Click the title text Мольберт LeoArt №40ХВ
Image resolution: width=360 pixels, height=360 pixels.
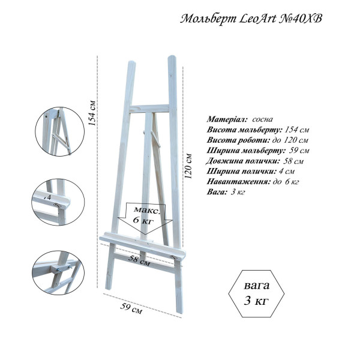[x=251, y=19]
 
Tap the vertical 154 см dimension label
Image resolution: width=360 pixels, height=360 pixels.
[x=92, y=113]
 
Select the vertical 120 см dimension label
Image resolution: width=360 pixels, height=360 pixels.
[x=188, y=166]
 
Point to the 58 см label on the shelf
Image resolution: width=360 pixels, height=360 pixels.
[x=139, y=260]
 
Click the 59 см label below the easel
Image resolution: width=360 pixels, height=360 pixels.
[x=131, y=308]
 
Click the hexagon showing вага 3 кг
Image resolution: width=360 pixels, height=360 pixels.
[x=256, y=293]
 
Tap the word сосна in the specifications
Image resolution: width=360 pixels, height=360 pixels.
[x=262, y=119]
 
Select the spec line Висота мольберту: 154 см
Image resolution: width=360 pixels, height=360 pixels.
[x=258, y=130]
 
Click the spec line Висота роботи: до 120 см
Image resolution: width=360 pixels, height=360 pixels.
[x=257, y=140]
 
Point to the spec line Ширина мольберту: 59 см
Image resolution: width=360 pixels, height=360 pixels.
[x=258, y=151]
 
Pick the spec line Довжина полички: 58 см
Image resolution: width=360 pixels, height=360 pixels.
[x=254, y=161]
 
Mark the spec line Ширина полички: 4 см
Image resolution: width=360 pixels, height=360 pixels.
[x=250, y=171]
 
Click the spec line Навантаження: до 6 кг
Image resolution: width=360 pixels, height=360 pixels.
[x=253, y=182]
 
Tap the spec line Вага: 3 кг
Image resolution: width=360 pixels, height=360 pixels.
[x=226, y=192]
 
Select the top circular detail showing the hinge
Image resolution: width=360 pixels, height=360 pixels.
[x=59, y=131]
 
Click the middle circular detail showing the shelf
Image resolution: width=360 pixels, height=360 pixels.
[x=58, y=202]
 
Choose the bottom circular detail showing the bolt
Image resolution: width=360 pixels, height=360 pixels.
[x=58, y=273]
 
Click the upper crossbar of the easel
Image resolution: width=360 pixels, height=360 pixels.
[x=149, y=109]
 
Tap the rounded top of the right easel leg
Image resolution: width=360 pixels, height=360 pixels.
[x=172, y=58]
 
